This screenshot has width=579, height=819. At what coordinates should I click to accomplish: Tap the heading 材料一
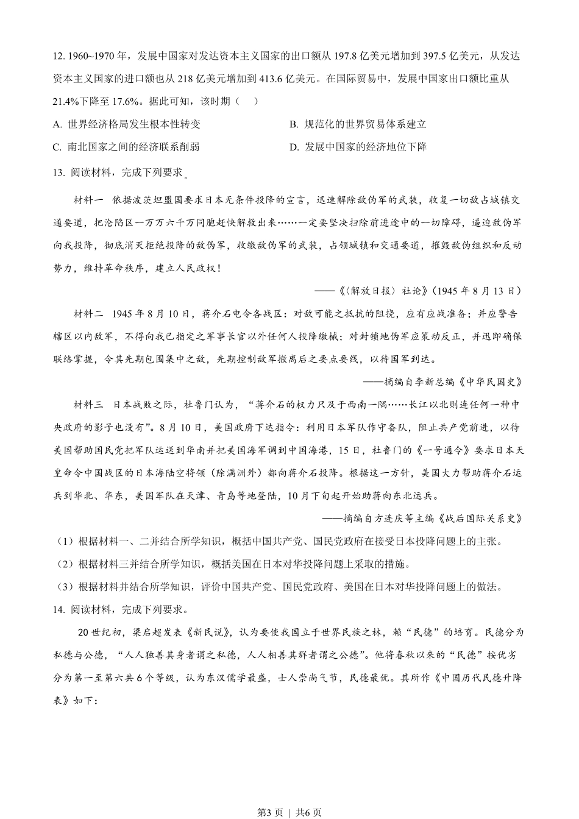point(88,200)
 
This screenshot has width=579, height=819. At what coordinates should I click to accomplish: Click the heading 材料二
point(88,314)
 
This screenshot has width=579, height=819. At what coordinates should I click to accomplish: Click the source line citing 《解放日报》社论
point(421,291)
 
